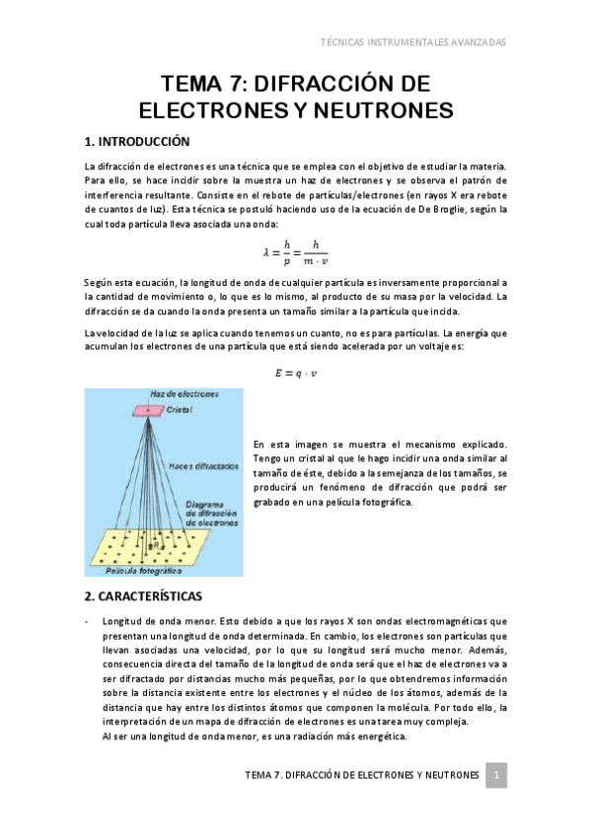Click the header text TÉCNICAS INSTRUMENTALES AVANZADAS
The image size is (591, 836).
click(x=414, y=42)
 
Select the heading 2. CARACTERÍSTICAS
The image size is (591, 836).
click(x=143, y=596)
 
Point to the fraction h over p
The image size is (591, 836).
click(x=287, y=252)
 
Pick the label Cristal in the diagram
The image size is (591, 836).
click(x=179, y=409)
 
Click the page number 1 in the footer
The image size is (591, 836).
click(x=498, y=775)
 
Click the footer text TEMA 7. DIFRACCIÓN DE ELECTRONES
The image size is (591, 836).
click(x=361, y=776)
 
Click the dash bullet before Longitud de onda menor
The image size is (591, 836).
click(x=88, y=621)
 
